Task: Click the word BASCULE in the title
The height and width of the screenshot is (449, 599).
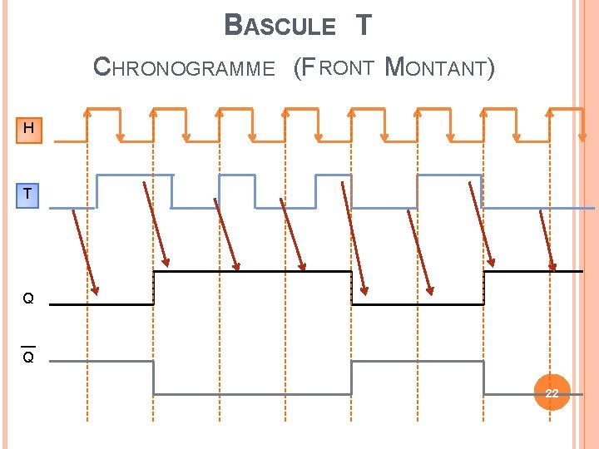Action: [x=280, y=26]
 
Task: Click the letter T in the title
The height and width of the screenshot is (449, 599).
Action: [x=363, y=26]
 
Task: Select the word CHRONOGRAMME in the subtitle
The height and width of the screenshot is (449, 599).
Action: [x=184, y=67]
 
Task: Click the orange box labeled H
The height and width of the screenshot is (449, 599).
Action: [x=29, y=129]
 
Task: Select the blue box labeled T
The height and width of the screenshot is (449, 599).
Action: [x=28, y=195]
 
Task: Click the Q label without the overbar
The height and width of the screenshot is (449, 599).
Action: [x=28, y=299]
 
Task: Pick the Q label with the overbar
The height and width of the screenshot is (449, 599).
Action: [x=28, y=357]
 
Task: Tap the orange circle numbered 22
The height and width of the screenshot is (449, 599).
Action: [x=552, y=392]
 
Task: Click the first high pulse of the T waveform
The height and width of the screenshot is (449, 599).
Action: [x=134, y=175]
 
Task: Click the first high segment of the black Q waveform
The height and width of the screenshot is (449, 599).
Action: [x=252, y=271]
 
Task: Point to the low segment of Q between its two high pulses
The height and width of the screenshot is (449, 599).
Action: [x=418, y=303]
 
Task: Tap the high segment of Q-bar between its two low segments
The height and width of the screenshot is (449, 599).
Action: [x=418, y=361]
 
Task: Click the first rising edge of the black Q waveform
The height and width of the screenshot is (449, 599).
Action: [x=154, y=288]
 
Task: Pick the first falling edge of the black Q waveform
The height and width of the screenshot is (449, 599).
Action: [x=352, y=288]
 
